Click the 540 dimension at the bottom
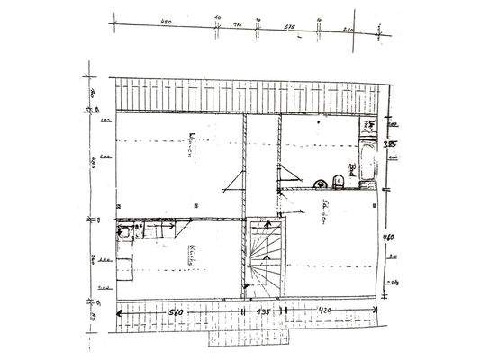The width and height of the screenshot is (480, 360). (x=176, y=311)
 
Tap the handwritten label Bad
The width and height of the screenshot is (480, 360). (x=354, y=168)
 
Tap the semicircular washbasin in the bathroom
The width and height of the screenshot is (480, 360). (x=320, y=184)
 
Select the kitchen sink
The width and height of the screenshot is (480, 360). (x=126, y=230)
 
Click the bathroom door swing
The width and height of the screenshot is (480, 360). (x=286, y=175)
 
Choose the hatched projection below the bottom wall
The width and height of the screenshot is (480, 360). (x=248, y=337)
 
